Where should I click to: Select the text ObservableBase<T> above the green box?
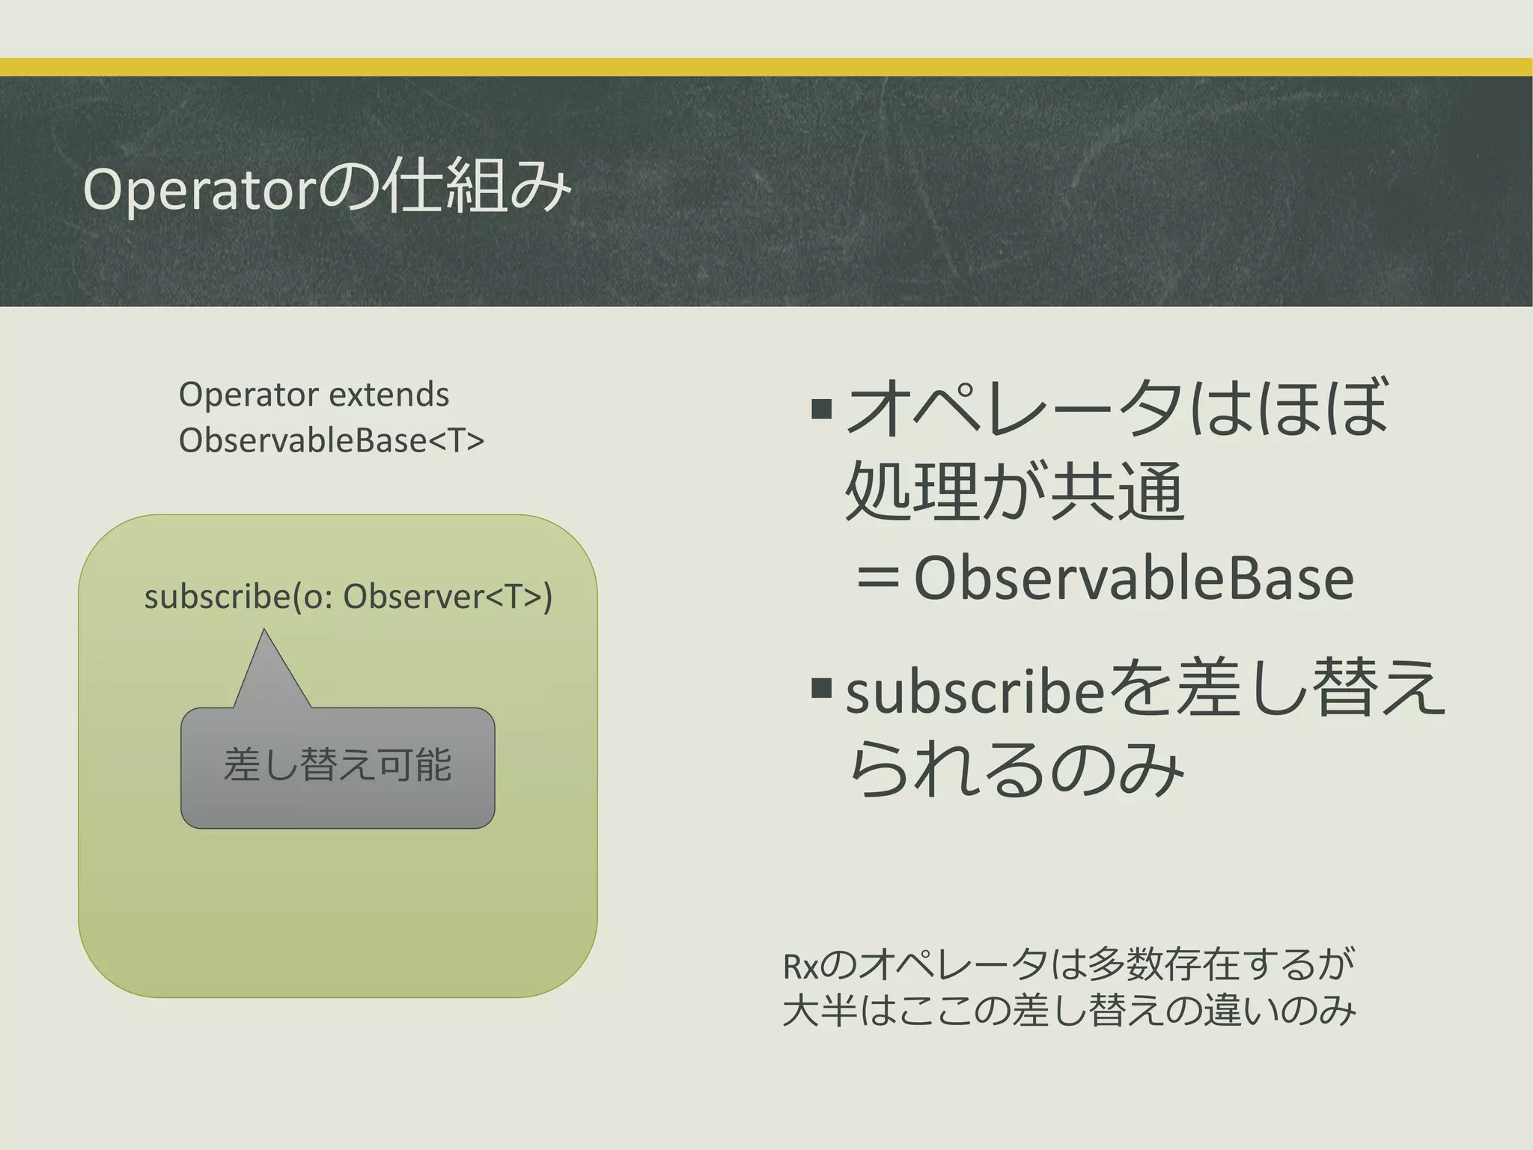pyautogui.click(x=331, y=440)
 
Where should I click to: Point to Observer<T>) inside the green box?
pyautogui.click(x=447, y=597)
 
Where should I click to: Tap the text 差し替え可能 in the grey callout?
pyautogui.click(x=338, y=765)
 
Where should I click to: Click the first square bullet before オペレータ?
pyautogui.click(x=821, y=409)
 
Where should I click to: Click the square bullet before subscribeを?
pyautogui.click(x=821, y=687)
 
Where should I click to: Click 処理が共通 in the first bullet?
pyautogui.click(x=1014, y=491)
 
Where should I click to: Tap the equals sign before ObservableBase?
pyautogui.click(x=877, y=579)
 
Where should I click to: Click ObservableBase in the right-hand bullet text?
pyautogui.click(x=1133, y=579)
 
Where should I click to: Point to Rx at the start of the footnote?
pyautogui.click(x=800, y=967)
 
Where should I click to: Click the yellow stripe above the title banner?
pyautogui.click(x=766, y=67)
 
